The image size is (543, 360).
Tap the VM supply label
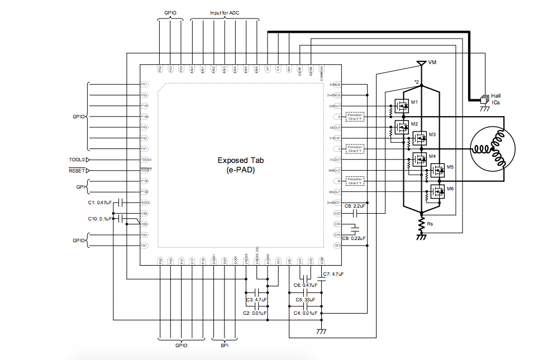tap(432, 62)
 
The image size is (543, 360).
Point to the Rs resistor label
tap(430, 224)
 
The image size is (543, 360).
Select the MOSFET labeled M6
tap(437, 193)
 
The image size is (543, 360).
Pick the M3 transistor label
tap(432, 135)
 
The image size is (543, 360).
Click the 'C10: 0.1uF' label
tap(100, 218)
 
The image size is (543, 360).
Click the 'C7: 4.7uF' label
tap(333, 274)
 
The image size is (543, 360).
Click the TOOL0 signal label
tap(77, 160)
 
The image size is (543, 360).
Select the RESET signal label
tap(77, 170)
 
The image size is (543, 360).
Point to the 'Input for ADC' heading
tap(224, 13)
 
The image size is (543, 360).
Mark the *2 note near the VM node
tap(416, 82)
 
